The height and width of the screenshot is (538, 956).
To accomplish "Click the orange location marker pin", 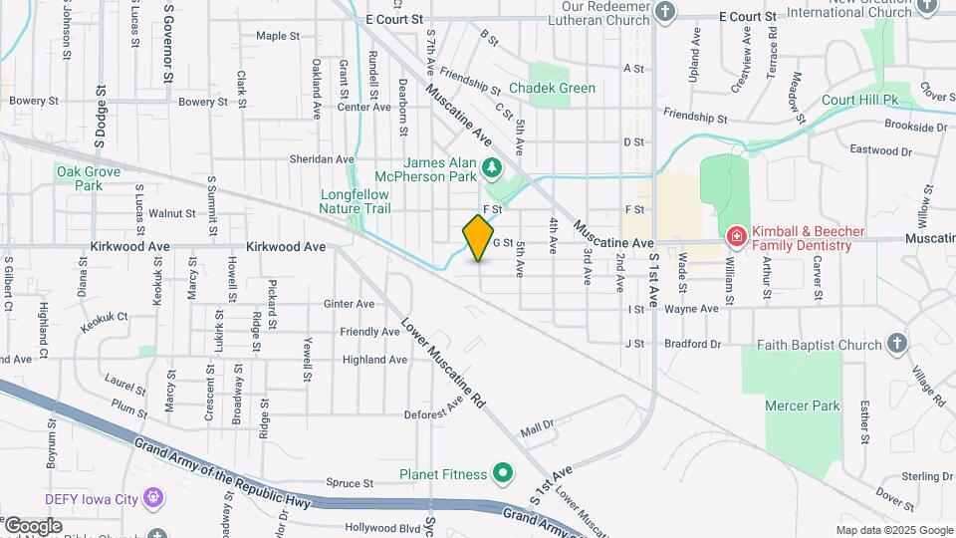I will [x=479, y=237].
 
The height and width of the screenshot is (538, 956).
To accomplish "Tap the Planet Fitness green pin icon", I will [x=504, y=473].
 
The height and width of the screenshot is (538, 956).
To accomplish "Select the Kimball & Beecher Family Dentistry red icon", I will [x=737, y=236].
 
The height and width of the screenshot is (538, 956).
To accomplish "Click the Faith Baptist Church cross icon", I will [x=897, y=344].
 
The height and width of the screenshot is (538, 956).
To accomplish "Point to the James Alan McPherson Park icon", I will [x=490, y=166].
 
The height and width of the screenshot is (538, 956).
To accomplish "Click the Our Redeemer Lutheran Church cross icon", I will [x=665, y=12].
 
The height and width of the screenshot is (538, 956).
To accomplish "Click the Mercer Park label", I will [x=803, y=405].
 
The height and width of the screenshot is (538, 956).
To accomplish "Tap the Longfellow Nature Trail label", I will [x=355, y=201].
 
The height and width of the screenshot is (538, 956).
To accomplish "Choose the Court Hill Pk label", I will [x=860, y=101].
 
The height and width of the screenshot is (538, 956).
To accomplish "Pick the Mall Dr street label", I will [x=536, y=429].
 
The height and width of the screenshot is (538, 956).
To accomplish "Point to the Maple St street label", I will [x=278, y=36].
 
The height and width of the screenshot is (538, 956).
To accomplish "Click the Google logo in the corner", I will [x=33, y=525].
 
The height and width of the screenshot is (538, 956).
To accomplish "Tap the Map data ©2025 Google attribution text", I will [x=894, y=530].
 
